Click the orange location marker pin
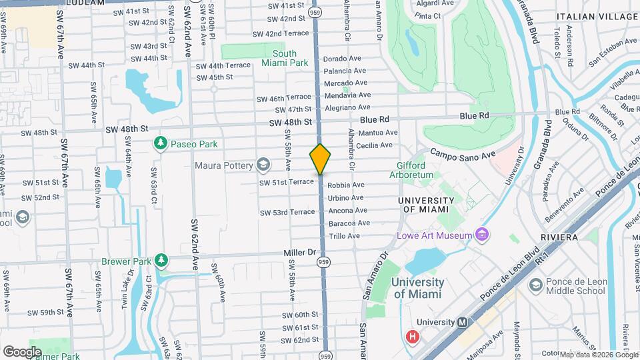pyautogui.click(x=320, y=159)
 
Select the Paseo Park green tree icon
pyautogui.click(x=160, y=143)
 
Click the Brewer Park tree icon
pyautogui.click(x=160, y=259)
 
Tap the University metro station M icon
pyautogui.click(x=461, y=322)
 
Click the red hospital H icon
pyautogui.click(x=413, y=337)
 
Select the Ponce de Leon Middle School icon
pyautogui.click(x=535, y=286)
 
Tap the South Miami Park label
pyautogui.click(x=285, y=59)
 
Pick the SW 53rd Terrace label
pyautogui.click(x=287, y=212)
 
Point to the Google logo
pyautogui.click(x=22, y=351)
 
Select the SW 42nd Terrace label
pyautogui.click(x=281, y=33)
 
